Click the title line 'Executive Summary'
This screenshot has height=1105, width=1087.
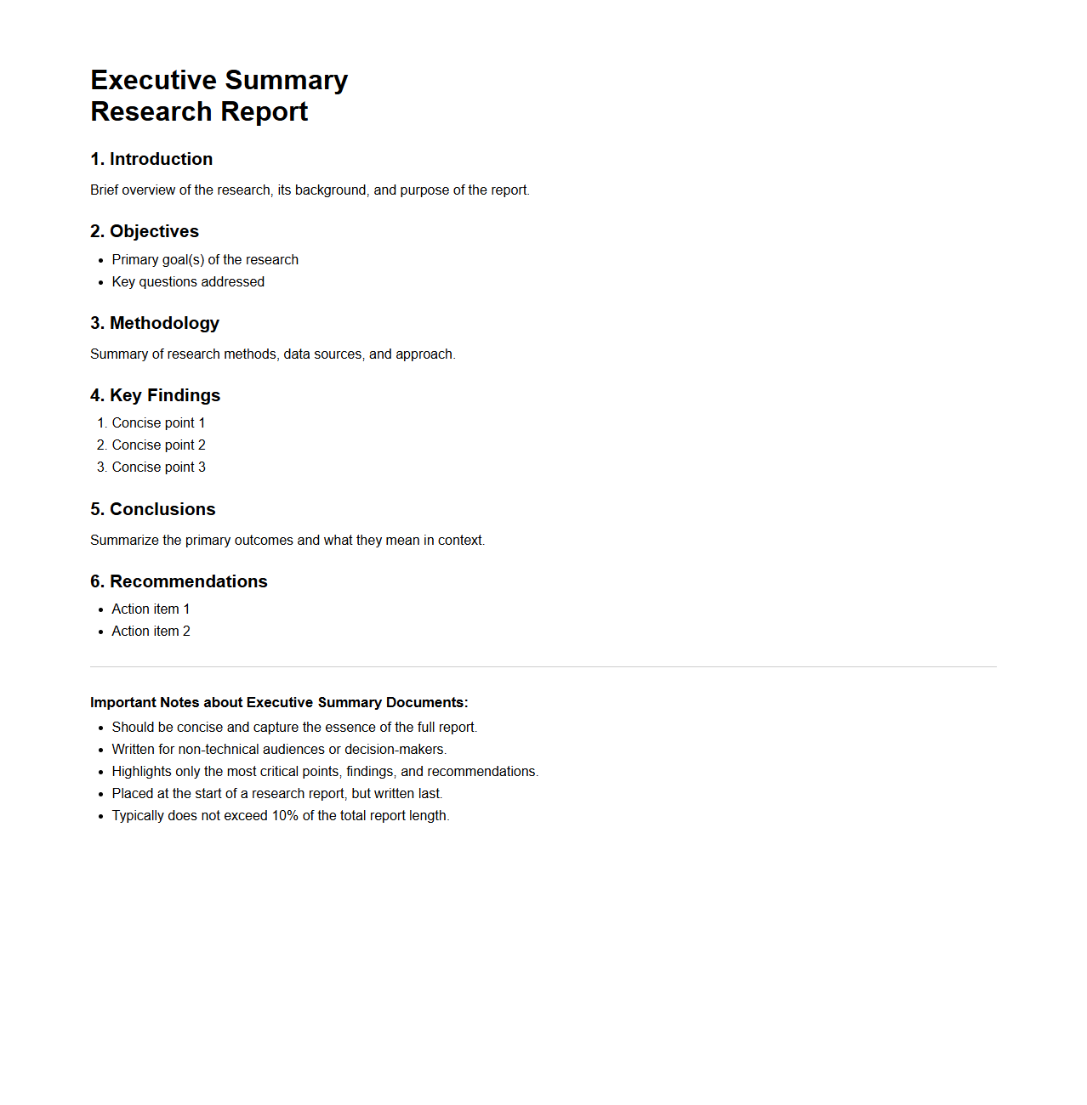(219, 80)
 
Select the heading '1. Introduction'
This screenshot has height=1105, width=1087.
(151, 159)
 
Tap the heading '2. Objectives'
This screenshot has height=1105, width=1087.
(145, 231)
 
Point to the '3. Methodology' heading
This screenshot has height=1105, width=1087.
(155, 323)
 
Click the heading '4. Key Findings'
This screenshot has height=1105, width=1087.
(155, 395)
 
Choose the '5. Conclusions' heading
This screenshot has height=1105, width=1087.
(153, 509)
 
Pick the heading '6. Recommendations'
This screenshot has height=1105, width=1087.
(179, 581)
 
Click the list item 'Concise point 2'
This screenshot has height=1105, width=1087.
(158, 445)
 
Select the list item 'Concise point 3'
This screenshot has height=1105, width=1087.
(158, 467)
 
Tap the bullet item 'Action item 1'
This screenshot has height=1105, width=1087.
(151, 609)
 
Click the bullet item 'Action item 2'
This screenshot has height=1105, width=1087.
(151, 631)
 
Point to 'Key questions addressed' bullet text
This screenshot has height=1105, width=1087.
(188, 281)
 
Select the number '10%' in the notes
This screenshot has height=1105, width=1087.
(285, 815)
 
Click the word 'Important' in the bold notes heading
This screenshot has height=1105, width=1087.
(123, 702)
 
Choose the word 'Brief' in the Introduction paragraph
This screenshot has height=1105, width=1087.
(105, 190)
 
